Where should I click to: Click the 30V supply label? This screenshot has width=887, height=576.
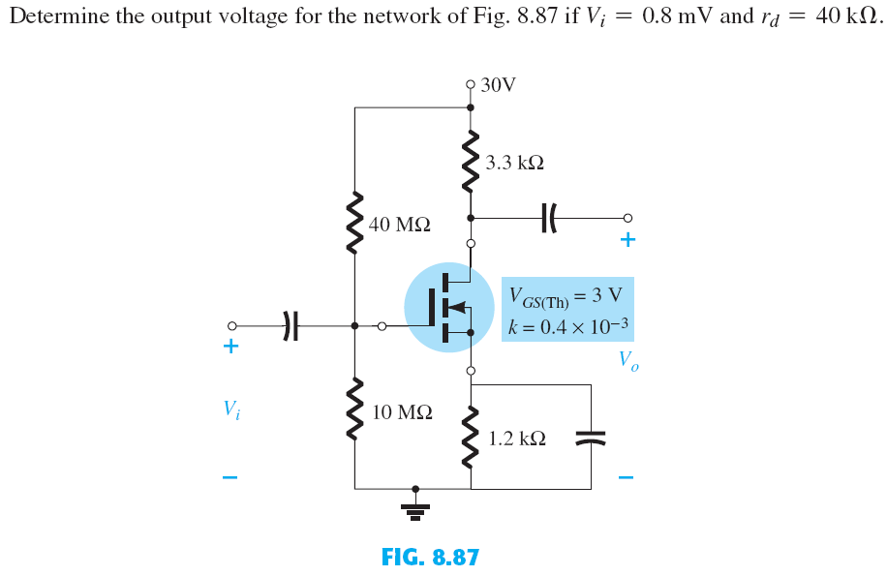tap(498, 85)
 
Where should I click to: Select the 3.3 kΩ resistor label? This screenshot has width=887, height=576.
tap(514, 164)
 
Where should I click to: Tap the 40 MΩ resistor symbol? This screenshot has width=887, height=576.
tap(355, 224)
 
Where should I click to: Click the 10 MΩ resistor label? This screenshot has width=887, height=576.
tap(401, 412)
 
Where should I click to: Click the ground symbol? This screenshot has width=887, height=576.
tap(416, 506)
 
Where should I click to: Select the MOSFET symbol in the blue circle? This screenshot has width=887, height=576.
tap(448, 308)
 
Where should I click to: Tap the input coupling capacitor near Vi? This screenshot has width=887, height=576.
tap(288, 326)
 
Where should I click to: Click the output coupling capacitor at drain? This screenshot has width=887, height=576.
tap(548, 217)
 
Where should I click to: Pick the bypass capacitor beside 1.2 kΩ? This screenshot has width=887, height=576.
tap(591, 438)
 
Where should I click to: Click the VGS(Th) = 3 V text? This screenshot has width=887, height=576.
tap(566, 293)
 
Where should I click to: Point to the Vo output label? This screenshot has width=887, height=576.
tap(628, 362)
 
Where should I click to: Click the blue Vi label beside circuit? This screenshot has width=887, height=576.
tap(230, 409)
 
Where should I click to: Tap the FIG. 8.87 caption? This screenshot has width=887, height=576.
tap(430, 557)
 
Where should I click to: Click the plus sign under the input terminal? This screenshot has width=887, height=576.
tap(230, 346)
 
